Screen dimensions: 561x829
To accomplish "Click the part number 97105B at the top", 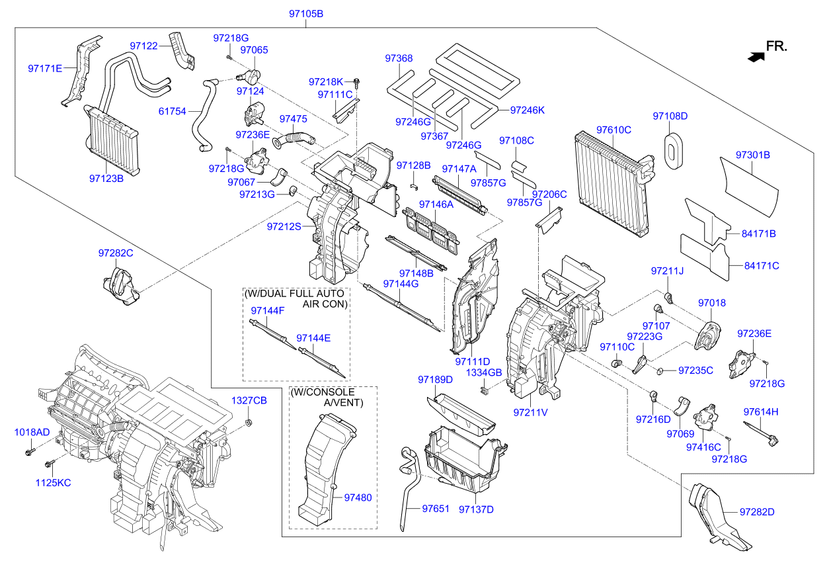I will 306,13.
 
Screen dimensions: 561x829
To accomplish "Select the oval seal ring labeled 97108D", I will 673,150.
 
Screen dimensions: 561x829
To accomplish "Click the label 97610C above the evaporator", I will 613,130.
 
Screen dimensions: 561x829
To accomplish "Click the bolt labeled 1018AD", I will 30,453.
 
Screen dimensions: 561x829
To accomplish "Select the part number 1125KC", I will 53,483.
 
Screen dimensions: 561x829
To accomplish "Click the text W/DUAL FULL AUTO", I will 294,293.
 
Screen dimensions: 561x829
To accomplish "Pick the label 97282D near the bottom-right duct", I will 756,512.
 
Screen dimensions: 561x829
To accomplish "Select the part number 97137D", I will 476,509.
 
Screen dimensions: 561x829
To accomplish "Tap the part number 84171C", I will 762,266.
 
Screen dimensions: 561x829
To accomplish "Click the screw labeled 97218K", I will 358,83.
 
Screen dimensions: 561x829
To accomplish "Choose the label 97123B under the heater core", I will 106,177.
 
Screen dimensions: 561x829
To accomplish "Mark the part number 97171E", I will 45,68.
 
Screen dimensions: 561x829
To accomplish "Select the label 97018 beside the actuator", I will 711,303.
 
